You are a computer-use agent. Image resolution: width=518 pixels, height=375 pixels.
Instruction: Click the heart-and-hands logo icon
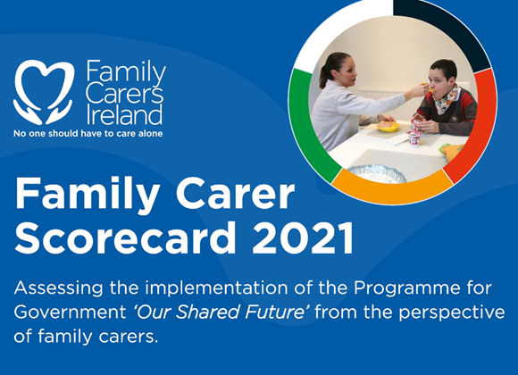43,92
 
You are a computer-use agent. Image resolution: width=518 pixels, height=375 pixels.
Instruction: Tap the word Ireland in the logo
124,114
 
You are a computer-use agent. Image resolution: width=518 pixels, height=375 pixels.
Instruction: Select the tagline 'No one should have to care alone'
88,133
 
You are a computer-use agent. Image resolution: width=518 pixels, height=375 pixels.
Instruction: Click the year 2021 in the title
303,237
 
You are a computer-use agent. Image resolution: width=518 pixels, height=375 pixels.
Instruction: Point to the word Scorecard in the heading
126,237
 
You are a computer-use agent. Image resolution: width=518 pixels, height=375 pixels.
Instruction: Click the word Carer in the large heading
235,193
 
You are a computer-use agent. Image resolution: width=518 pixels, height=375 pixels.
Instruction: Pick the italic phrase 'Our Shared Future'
221,312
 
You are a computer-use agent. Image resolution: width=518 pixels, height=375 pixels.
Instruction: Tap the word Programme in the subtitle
407,289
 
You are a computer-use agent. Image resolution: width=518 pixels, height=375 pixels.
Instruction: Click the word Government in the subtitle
71,312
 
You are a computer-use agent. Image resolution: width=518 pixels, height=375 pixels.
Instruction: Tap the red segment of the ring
478,125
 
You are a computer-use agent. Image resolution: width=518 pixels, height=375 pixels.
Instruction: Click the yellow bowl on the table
388,127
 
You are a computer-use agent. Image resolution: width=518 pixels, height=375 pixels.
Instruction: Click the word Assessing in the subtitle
58,289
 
